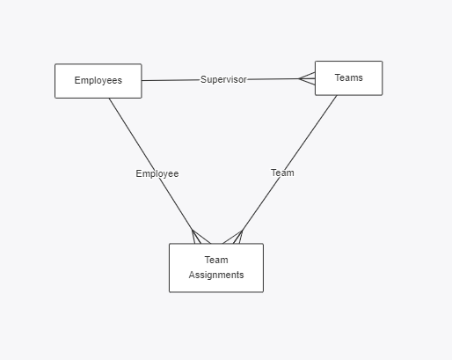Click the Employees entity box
pyautogui.click(x=98, y=81)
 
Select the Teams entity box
pyautogui.click(x=349, y=78)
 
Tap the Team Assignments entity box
pyautogui.click(x=216, y=268)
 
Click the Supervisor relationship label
pyautogui.click(x=223, y=79)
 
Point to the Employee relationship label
pyautogui.click(x=157, y=173)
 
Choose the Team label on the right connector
pyautogui.click(x=282, y=173)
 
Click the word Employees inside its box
pyautogui.click(x=98, y=80)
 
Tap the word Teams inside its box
pyautogui.click(x=349, y=77)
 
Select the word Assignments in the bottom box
pyautogui.click(x=216, y=275)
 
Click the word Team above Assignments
pyautogui.click(x=216, y=260)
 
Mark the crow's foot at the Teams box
pyautogui.click(x=307, y=78)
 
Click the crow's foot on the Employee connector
pyautogui.click(x=200, y=237)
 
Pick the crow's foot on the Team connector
pyautogui.click(x=233, y=237)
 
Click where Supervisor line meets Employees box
pyautogui.click(x=142, y=80)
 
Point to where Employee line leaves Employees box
pyautogui.click(x=109, y=99)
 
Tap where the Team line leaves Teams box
pyautogui.click(x=337, y=95)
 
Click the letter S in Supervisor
pyautogui.click(x=203, y=79)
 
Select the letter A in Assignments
pyautogui.click(x=192, y=275)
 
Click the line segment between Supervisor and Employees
pyautogui.click(x=171, y=80)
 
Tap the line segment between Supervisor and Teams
pyautogui.click(x=273, y=79)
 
